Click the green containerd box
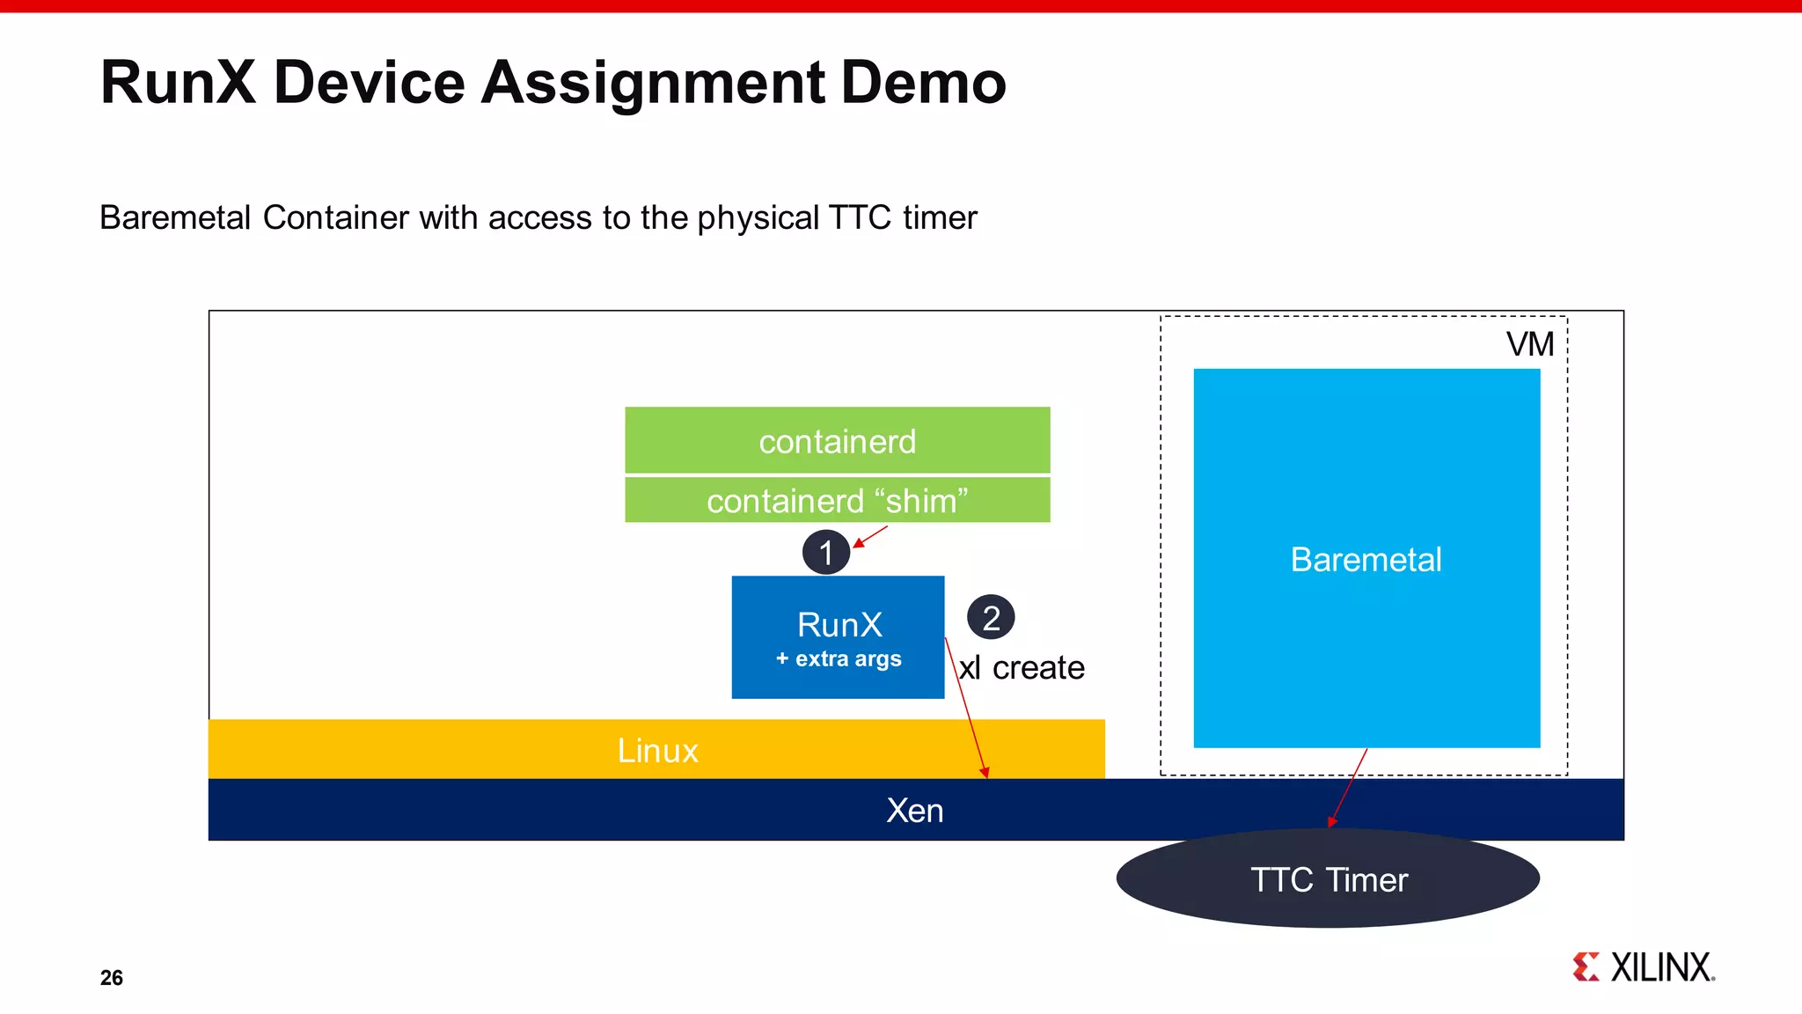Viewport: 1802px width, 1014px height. (x=837, y=440)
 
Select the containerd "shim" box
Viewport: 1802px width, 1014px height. (x=837, y=500)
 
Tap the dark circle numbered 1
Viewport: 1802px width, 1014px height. (x=825, y=553)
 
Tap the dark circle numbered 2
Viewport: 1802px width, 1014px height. (x=991, y=618)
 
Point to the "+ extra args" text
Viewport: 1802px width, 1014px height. (x=839, y=658)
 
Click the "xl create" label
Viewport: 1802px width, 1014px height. (x=1022, y=668)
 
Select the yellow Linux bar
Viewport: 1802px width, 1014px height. (x=656, y=750)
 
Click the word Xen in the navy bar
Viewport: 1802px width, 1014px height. (x=914, y=811)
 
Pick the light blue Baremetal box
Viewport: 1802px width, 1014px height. (x=1366, y=559)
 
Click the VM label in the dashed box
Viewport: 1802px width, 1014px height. (x=1529, y=344)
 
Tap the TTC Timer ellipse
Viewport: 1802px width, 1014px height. (x=1328, y=879)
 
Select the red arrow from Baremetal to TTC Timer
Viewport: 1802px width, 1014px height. (x=1349, y=787)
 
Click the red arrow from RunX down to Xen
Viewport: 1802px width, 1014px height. (x=966, y=709)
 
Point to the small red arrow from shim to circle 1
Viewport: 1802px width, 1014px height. (x=871, y=536)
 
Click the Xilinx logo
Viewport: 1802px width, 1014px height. (x=1643, y=966)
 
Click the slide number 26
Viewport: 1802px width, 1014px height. (x=112, y=978)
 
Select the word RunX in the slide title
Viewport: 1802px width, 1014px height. (x=178, y=83)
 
